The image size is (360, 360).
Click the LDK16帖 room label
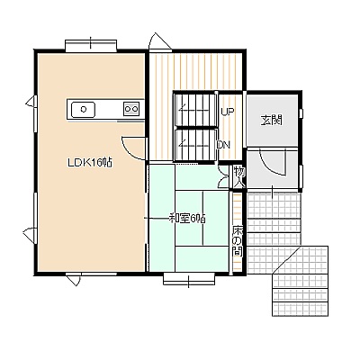(90, 163)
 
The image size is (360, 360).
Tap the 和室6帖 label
(187, 218)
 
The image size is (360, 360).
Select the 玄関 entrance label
(272, 121)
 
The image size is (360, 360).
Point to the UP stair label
(228, 112)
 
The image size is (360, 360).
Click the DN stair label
(223, 145)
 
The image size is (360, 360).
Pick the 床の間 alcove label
(238, 240)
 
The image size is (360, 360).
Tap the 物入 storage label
(239, 177)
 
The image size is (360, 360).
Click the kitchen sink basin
(83, 109)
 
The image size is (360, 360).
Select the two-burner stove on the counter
(131, 108)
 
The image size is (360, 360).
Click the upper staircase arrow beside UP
(194, 109)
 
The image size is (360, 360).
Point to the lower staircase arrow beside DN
(194, 144)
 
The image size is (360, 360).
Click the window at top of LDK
(91, 45)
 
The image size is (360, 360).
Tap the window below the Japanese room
(189, 279)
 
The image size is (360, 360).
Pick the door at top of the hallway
(159, 42)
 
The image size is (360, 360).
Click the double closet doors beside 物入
(223, 176)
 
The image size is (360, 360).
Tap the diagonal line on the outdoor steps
(286, 259)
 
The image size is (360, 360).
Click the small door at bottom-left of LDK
(74, 278)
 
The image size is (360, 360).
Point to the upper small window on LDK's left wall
(31, 102)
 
